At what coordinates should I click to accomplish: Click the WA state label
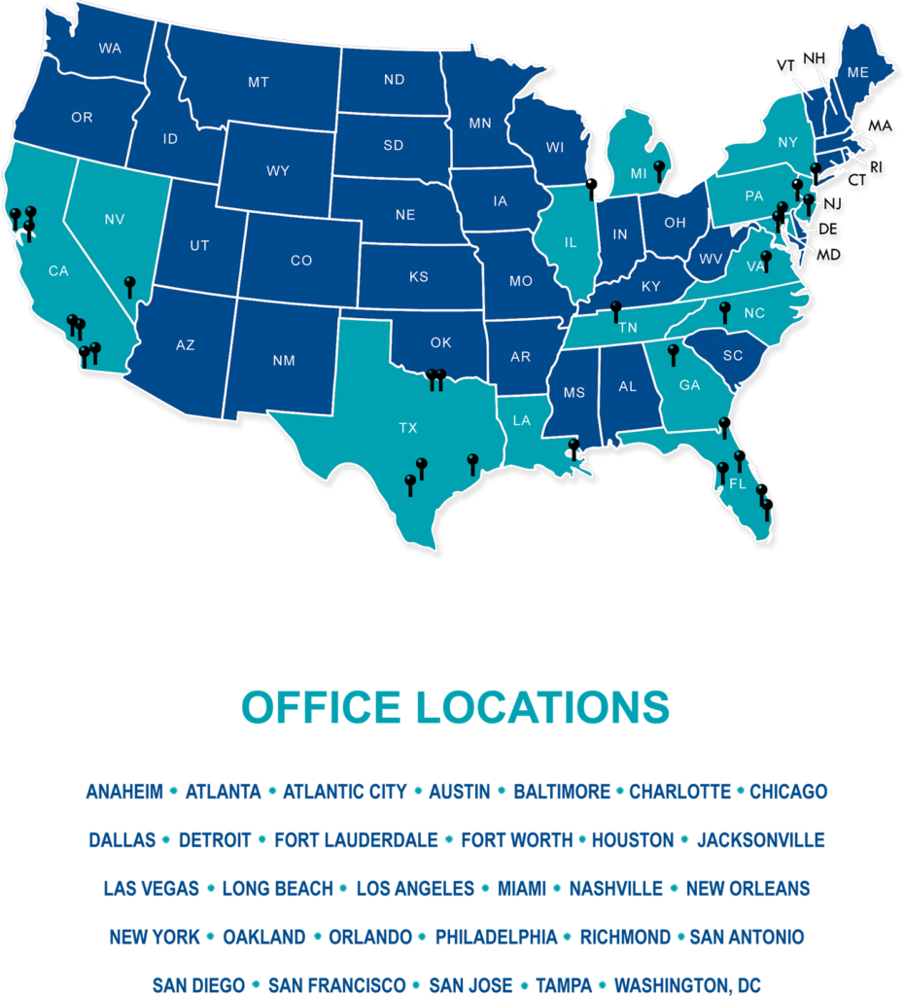[x=110, y=48]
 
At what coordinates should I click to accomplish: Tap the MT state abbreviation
[x=258, y=83]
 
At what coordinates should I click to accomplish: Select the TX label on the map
[x=408, y=427]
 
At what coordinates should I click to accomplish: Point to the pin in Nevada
[x=130, y=283]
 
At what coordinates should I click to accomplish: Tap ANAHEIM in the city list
[x=124, y=792]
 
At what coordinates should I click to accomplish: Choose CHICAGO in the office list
[x=788, y=792]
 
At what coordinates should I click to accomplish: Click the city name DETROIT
[x=215, y=839]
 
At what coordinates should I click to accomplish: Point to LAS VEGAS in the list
[x=152, y=888]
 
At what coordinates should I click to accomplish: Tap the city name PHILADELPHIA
[x=497, y=937]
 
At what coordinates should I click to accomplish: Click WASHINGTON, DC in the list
[x=687, y=984]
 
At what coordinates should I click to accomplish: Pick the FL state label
[x=737, y=483]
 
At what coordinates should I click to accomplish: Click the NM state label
[x=284, y=361]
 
